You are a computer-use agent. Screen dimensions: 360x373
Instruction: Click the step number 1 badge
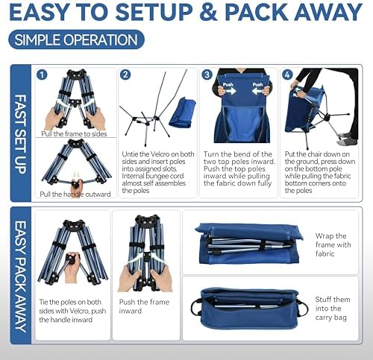point(43,75)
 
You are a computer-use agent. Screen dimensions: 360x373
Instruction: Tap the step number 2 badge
point(125,75)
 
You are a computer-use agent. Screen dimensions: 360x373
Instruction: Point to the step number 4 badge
point(288,75)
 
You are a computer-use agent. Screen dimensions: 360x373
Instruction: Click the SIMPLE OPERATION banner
point(76,40)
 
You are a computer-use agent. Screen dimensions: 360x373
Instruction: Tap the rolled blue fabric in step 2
point(181,116)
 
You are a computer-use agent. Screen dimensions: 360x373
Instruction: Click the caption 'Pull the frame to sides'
point(74,134)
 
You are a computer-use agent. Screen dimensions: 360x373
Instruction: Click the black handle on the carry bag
point(195,308)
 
